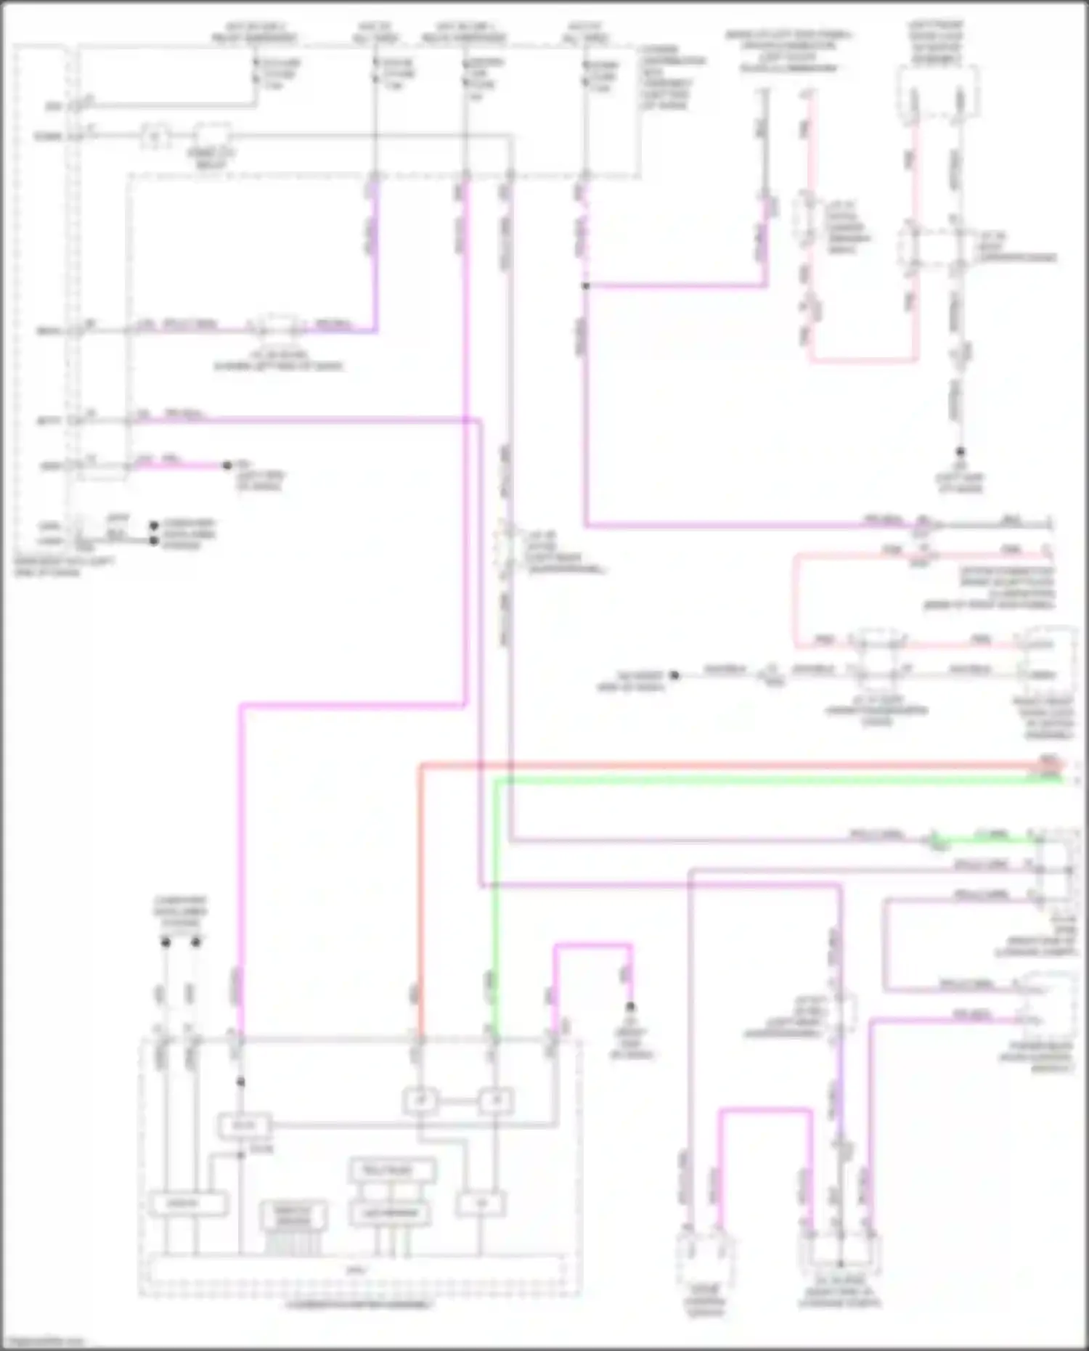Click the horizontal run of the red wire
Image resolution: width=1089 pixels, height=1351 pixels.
[726, 765]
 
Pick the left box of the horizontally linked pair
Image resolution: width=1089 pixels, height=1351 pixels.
[420, 1101]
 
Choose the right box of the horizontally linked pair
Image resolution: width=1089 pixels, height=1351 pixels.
[497, 1101]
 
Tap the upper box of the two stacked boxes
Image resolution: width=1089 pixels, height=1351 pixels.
[393, 1170]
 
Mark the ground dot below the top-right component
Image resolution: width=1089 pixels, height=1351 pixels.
[960, 452]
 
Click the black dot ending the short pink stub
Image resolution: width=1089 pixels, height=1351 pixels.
[227, 465]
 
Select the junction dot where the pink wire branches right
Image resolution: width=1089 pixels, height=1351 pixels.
[585, 286]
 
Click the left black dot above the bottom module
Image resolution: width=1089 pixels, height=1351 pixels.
[166, 942]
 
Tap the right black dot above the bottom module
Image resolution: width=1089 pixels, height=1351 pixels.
[196, 942]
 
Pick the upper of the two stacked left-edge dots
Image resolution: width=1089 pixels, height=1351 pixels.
[154, 525]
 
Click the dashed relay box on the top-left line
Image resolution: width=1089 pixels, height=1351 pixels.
[212, 136]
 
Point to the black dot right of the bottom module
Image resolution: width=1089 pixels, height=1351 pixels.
[631, 1007]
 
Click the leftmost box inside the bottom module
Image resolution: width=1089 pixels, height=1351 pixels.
[188, 1204]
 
